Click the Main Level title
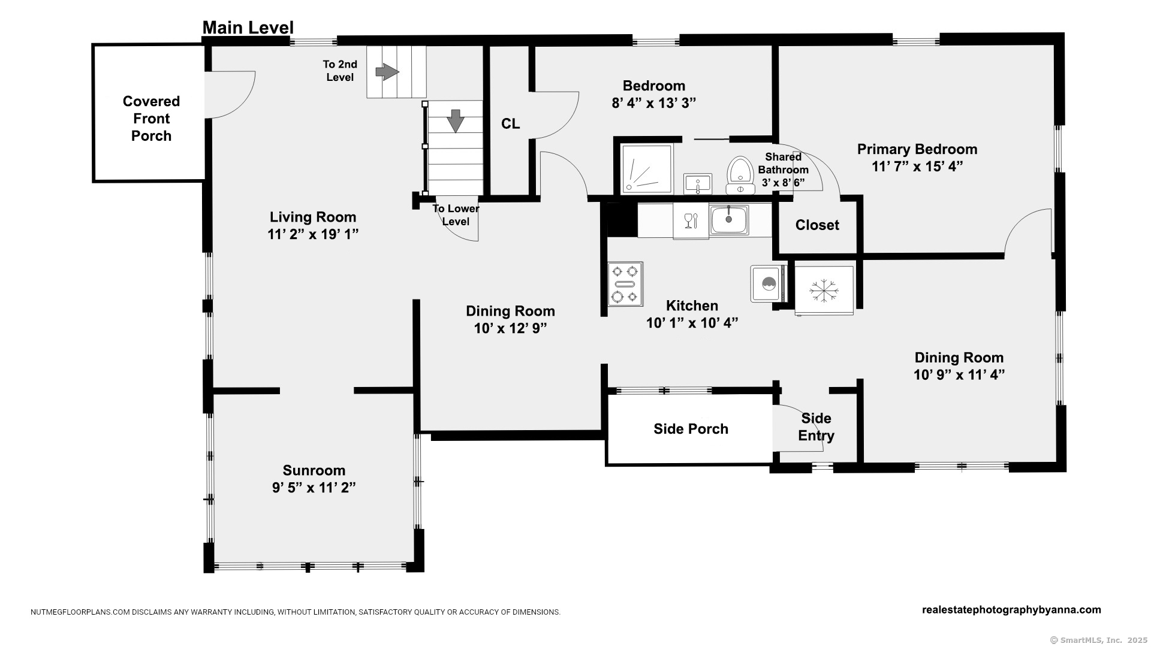(x=248, y=28)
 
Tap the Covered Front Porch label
(x=151, y=119)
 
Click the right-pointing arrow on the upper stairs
(x=387, y=72)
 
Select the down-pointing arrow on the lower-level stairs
(x=456, y=120)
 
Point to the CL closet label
(x=510, y=124)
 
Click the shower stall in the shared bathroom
(x=646, y=169)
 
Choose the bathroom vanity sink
(x=698, y=184)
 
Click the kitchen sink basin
(x=729, y=220)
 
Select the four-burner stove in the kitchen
(x=625, y=284)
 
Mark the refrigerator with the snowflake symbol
(x=824, y=291)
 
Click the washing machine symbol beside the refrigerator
(x=768, y=283)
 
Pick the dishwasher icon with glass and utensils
(x=691, y=221)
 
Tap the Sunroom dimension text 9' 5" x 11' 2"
(x=314, y=488)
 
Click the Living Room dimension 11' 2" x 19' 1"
(x=313, y=234)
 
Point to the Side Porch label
(x=691, y=429)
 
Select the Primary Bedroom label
(x=917, y=149)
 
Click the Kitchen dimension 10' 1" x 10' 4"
(x=692, y=323)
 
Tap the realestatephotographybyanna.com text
(x=1011, y=610)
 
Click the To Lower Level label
(x=456, y=215)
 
